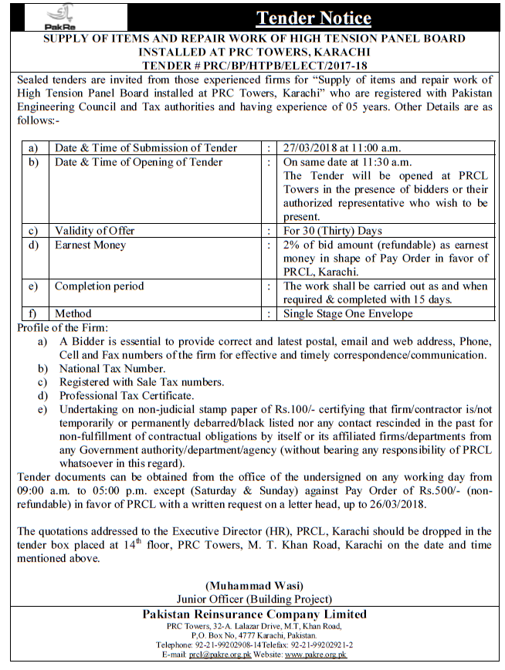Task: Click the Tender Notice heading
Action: (x=314, y=18)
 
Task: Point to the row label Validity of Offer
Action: (x=94, y=230)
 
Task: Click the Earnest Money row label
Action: (x=90, y=245)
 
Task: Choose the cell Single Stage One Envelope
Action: (x=348, y=313)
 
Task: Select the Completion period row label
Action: (x=99, y=286)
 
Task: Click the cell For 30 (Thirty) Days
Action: (x=333, y=230)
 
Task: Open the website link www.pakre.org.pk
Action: (x=316, y=655)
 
